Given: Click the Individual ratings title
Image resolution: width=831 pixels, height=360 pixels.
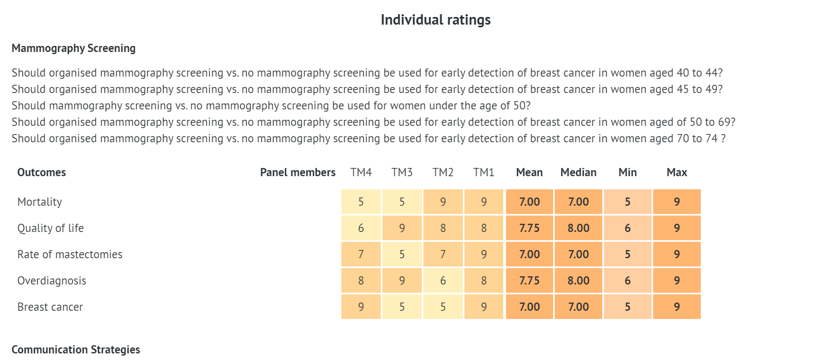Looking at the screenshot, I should tap(435, 20).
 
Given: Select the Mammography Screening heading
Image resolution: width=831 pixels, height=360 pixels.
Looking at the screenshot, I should tap(73, 48).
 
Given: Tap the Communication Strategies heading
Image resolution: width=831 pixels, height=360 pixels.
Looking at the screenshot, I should tap(75, 350).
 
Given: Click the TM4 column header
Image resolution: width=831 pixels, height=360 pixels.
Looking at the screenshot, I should tap(361, 172).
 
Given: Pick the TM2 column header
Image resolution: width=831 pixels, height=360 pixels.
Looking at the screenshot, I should tap(443, 172).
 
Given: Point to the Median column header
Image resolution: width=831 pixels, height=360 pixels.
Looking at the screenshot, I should tap(578, 172).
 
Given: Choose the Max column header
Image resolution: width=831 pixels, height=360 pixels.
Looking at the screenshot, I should tap(677, 172).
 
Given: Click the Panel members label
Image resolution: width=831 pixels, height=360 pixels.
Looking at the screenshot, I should tap(298, 172).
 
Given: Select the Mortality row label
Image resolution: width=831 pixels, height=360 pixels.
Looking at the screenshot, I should tap(39, 202).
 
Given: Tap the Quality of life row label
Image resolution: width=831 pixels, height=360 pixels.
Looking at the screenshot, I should tap(50, 228).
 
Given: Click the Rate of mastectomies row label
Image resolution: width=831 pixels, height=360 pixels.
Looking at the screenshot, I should tap(70, 254).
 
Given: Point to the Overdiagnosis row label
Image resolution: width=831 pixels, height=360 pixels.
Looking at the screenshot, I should tap(52, 281).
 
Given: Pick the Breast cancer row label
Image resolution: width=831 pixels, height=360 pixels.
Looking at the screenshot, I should tap(50, 307).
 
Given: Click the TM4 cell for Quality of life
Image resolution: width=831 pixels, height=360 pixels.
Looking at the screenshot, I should tap(361, 228).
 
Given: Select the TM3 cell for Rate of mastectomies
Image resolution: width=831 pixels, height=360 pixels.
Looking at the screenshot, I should tap(402, 254).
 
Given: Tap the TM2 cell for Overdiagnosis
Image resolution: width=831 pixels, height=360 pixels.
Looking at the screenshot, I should tap(443, 281).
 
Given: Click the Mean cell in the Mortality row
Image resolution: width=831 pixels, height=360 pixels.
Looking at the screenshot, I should tap(530, 202).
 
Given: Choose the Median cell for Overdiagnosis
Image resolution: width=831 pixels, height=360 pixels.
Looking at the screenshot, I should tap(578, 281).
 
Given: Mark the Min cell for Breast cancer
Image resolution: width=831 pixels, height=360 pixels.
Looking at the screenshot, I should tap(627, 307).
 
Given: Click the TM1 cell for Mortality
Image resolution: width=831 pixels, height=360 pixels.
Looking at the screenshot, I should tap(484, 202).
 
